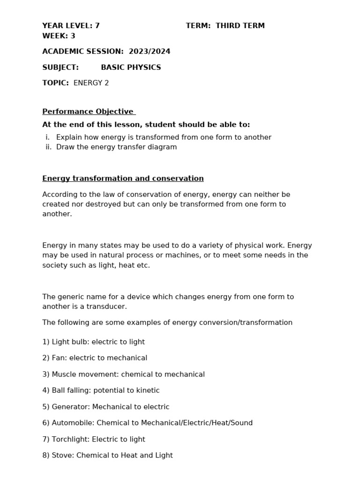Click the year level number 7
pyautogui.click(x=97, y=26)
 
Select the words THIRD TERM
pyautogui.click(x=240, y=26)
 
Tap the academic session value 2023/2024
pyautogui.click(x=150, y=52)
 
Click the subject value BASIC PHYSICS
pyautogui.click(x=131, y=67)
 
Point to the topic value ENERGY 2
pyautogui.click(x=91, y=83)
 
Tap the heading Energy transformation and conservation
pyautogui.click(x=123, y=179)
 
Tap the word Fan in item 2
pyautogui.click(x=58, y=358)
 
